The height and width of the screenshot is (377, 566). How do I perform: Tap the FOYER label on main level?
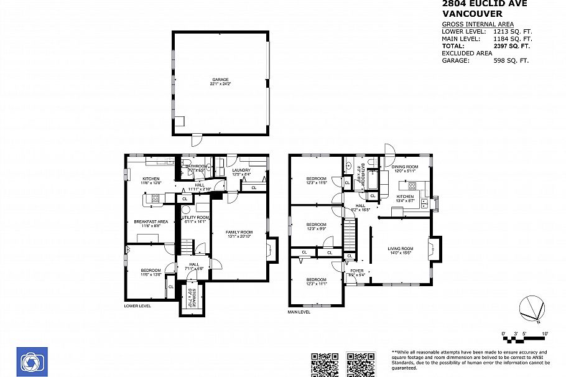tap(356, 271)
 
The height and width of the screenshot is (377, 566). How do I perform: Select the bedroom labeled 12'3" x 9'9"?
tap(316, 226)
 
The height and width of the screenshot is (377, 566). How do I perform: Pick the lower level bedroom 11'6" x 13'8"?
tap(151, 272)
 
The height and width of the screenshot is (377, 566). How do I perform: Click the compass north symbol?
tap(532, 309)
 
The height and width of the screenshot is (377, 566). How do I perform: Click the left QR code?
tap(324, 365)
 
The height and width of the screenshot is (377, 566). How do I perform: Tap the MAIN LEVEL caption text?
tap(299, 312)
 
